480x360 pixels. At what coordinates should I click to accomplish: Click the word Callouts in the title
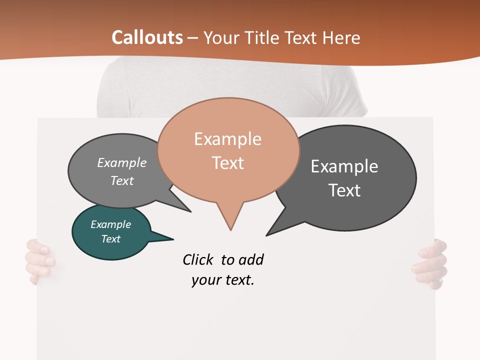click(147, 37)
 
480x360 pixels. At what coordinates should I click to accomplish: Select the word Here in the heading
click(341, 38)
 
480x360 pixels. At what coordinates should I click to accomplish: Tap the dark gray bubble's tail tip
click(267, 234)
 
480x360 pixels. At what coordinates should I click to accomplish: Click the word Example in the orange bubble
click(227, 139)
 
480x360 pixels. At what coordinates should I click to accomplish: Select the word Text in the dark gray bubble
click(344, 190)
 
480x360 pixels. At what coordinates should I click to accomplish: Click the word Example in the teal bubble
click(110, 224)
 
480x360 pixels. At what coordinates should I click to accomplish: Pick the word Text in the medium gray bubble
click(122, 180)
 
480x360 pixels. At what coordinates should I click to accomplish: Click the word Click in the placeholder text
click(198, 259)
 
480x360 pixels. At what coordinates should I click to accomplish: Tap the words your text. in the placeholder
click(222, 280)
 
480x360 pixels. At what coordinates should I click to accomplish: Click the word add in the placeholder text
click(250, 259)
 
